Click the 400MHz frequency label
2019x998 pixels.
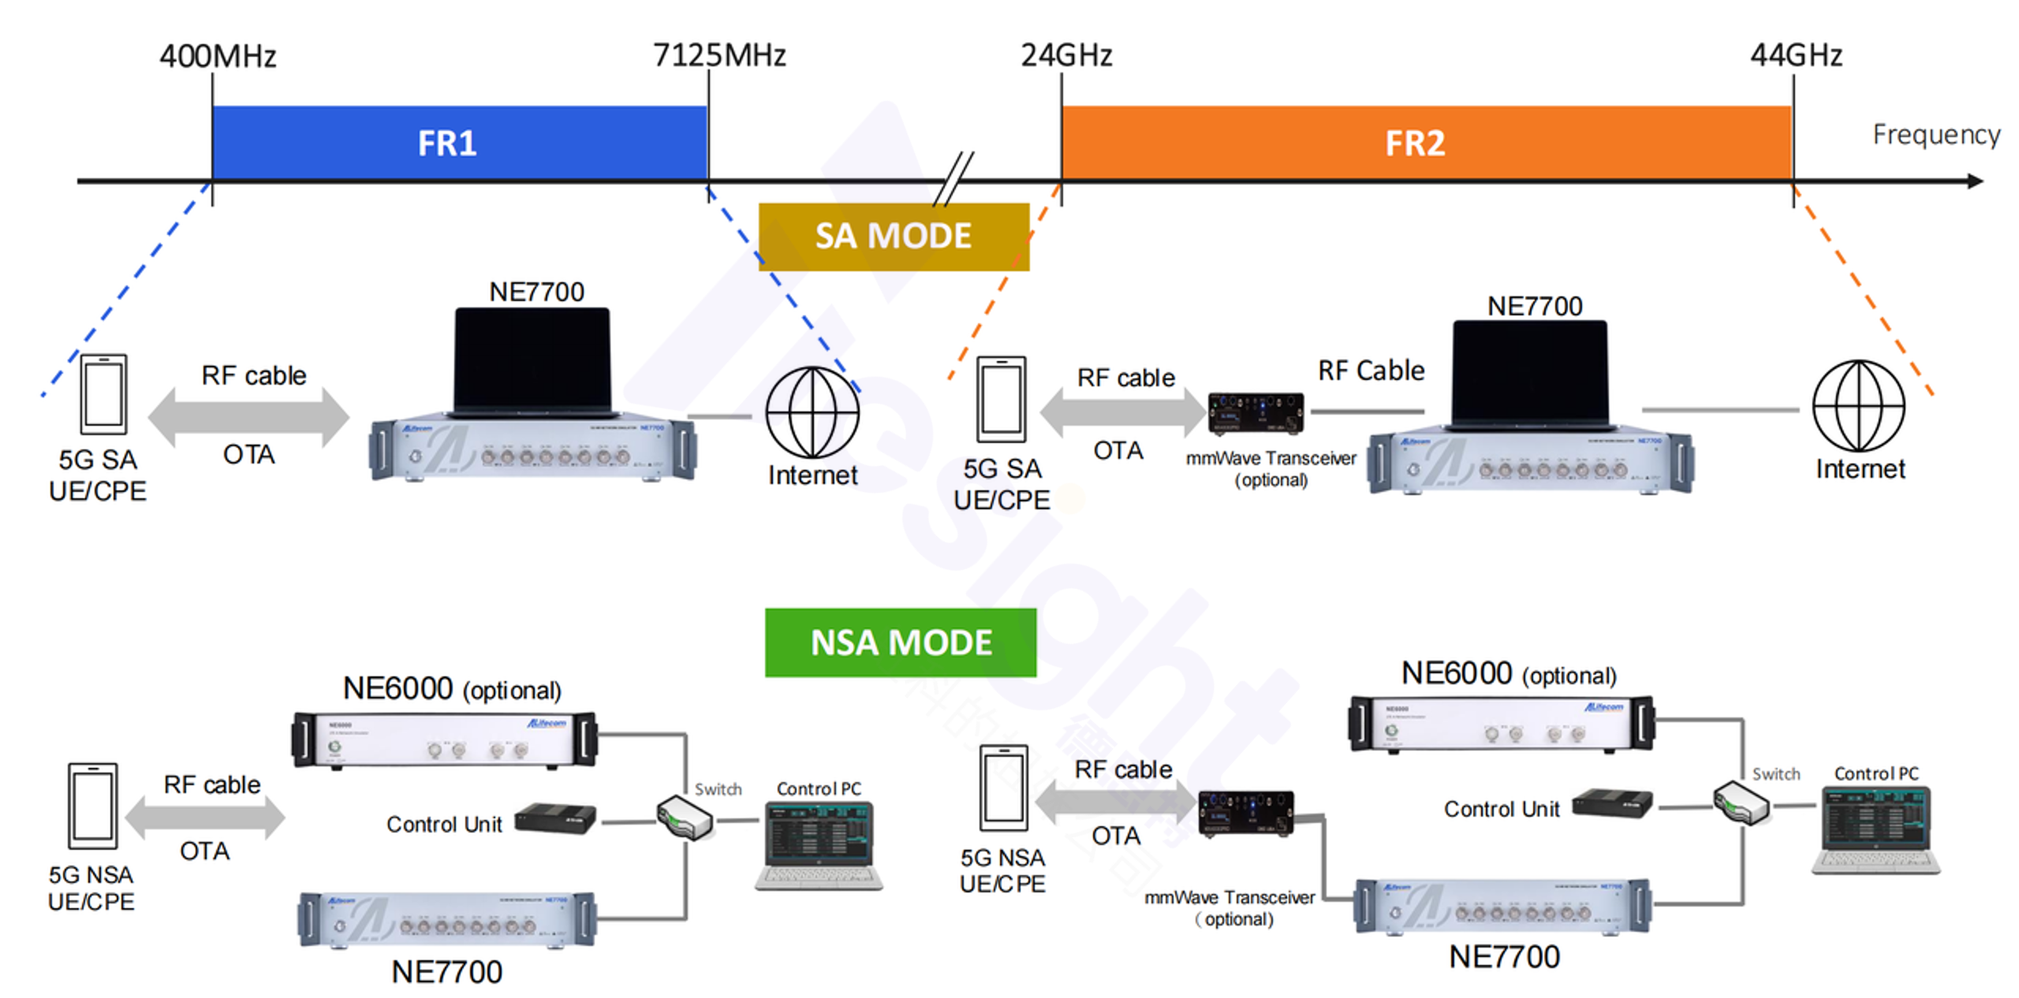218,57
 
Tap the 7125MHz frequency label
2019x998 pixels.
719,55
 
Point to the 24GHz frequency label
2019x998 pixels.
1066,55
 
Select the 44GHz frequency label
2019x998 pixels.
1796,55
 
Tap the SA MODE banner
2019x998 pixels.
894,236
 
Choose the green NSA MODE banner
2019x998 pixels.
900,642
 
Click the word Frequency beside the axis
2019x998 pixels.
1936,135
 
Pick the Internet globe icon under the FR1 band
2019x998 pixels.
812,412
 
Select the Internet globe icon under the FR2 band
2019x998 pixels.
1858,406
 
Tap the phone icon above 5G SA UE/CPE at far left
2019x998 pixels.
103,394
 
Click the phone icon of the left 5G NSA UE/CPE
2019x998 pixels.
92,806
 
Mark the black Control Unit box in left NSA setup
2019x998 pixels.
554,818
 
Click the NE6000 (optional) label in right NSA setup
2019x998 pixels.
1508,674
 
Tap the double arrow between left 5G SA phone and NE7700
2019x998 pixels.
248,417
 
